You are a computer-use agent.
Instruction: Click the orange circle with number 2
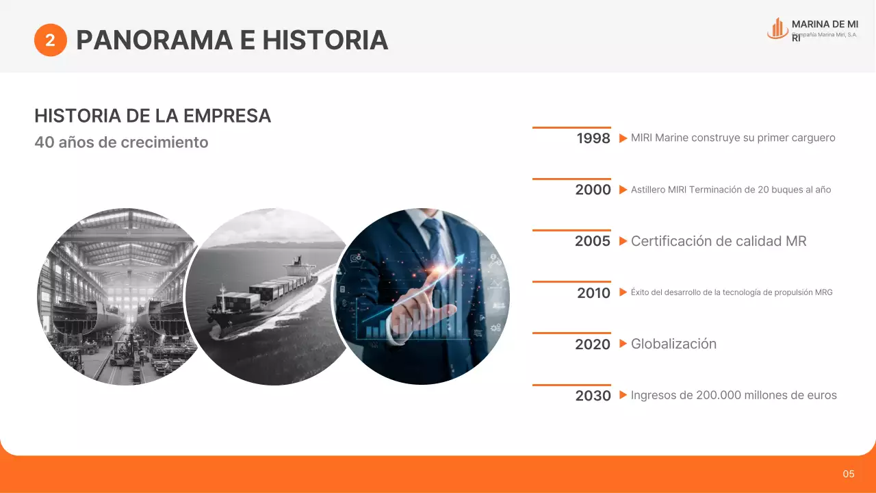click(x=50, y=40)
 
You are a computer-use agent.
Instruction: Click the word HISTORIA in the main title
click(x=325, y=40)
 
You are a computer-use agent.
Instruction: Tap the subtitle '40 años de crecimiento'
click(x=121, y=142)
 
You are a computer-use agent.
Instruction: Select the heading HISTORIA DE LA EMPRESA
click(x=153, y=116)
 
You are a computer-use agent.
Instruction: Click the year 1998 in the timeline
click(x=593, y=138)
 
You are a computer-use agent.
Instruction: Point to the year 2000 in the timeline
click(x=593, y=190)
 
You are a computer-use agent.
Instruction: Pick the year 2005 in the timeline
click(x=593, y=241)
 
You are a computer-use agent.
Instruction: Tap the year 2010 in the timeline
click(x=593, y=293)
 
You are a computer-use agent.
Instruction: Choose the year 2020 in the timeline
click(x=593, y=344)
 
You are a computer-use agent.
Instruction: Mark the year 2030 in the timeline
click(x=593, y=396)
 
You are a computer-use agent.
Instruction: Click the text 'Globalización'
click(x=673, y=344)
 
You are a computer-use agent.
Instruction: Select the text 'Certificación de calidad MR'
click(x=719, y=241)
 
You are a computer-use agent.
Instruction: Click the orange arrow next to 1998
click(x=623, y=138)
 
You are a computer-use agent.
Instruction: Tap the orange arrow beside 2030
click(x=623, y=395)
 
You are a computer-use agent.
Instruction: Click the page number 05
click(x=849, y=474)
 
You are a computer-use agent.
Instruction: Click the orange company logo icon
click(x=777, y=28)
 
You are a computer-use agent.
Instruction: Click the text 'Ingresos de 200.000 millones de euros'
click(x=734, y=395)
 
